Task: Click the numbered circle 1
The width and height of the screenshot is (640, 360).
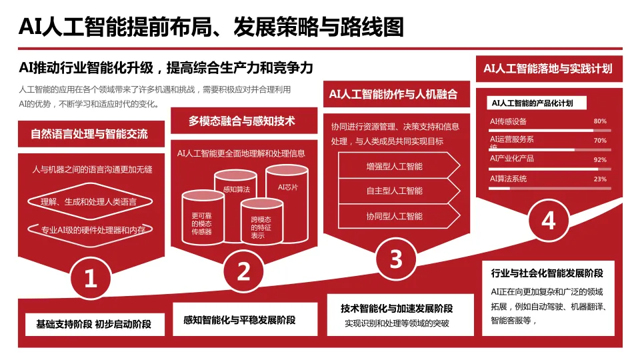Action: coord(91,278)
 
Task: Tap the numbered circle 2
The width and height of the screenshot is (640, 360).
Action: coord(244,270)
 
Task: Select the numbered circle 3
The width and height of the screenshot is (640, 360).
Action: coord(396,259)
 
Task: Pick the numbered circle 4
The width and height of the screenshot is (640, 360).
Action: coord(548,220)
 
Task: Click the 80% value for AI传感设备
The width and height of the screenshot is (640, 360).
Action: coord(599,121)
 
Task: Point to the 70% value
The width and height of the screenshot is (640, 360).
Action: coord(599,141)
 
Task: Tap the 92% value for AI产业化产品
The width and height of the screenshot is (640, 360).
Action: coord(599,160)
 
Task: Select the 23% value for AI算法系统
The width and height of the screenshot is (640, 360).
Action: coord(599,179)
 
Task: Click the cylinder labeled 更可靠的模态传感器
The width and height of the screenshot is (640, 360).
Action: coord(202,220)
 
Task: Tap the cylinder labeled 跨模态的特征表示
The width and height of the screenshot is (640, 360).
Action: coord(261,227)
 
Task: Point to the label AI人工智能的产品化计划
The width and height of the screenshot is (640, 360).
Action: coord(532,103)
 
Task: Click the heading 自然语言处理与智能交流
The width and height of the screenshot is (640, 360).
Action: coord(89,134)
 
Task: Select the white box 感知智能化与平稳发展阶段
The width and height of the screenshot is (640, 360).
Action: coord(239,320)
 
